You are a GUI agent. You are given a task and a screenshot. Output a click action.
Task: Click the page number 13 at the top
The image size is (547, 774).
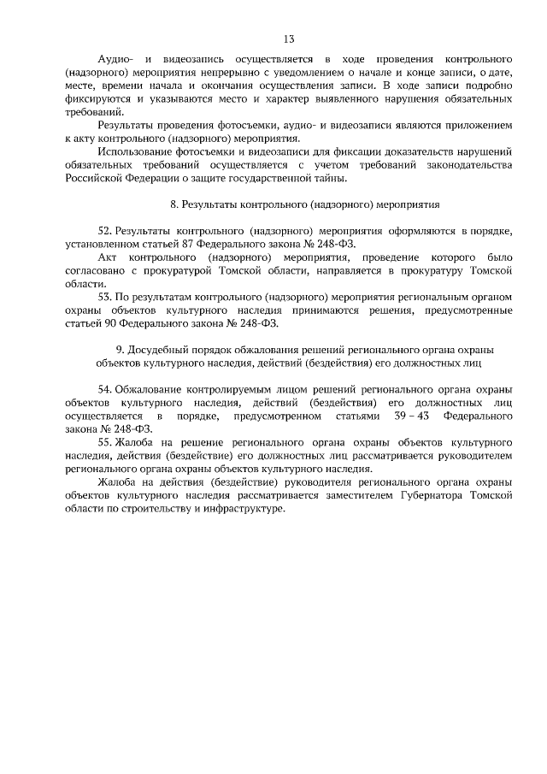pyautogui.click(x=289, y=38)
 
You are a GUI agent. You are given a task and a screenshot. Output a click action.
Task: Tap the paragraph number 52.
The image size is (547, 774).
pyautogui.click(x=105, y=231)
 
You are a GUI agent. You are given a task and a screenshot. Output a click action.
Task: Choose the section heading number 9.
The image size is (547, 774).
pyautogui.click(x=118, y=349)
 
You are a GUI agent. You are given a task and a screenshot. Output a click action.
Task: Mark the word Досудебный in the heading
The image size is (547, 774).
pyautogui.click(x=157, y=349)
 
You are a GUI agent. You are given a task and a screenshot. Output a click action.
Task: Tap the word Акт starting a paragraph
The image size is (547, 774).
pyautogui.click(x=108, y=257)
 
